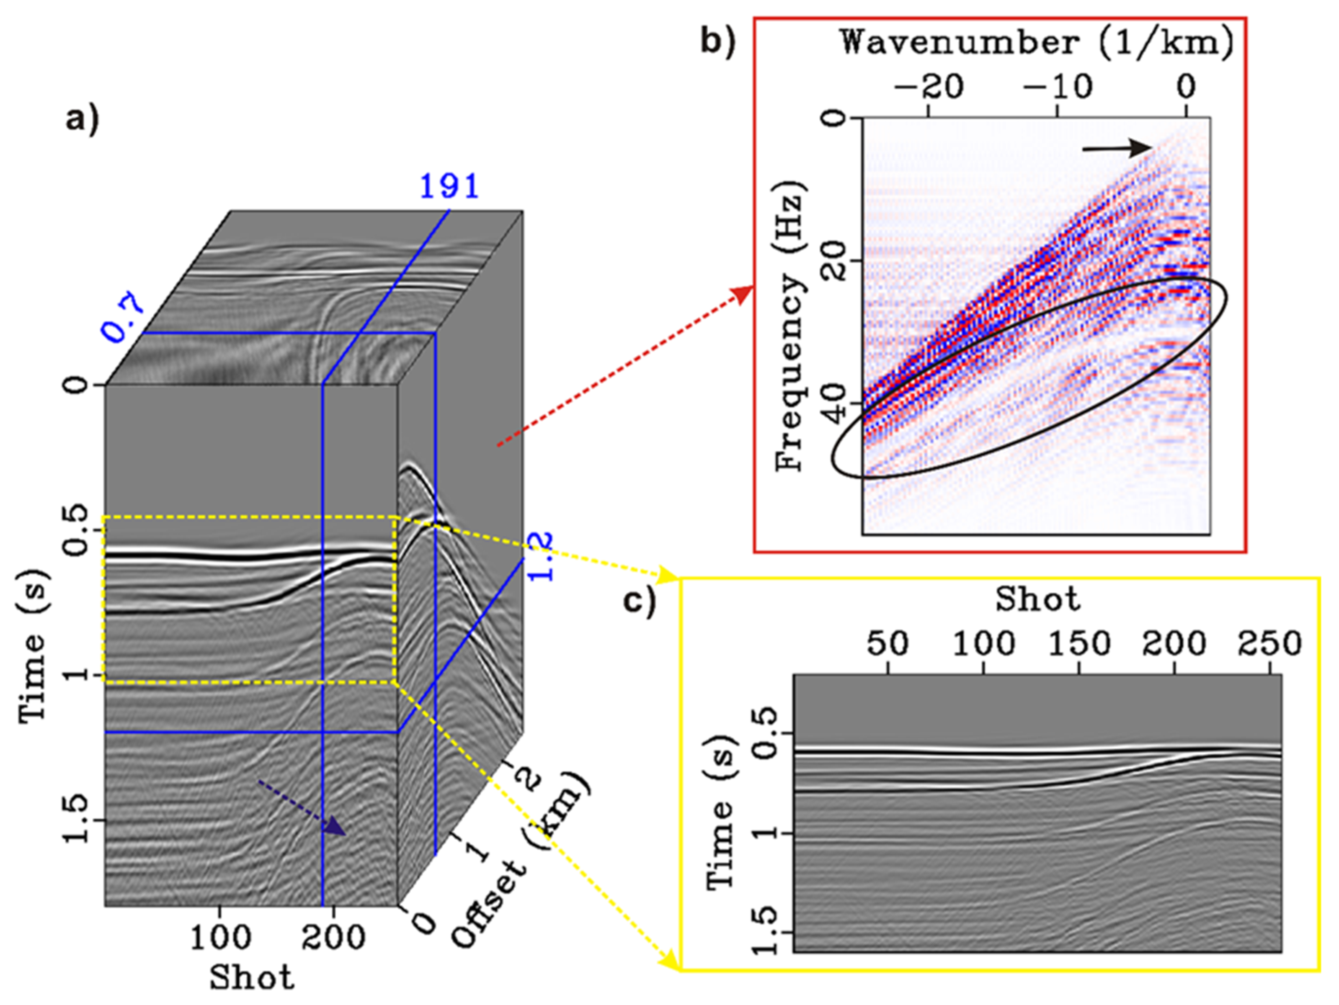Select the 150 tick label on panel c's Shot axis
coord(1079,644)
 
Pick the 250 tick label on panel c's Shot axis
coord(1269,644)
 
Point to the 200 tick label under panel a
coord(333,938)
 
